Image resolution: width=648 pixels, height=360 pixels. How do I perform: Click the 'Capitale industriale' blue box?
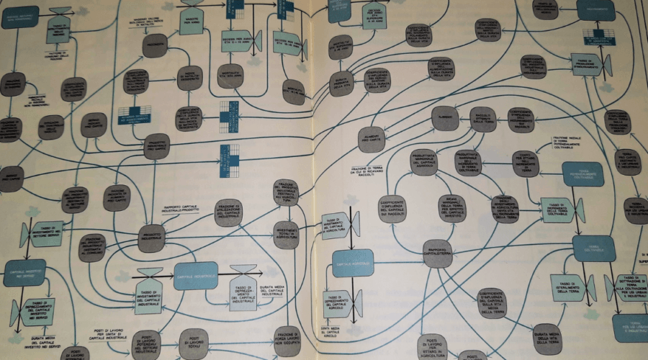coord(195,276)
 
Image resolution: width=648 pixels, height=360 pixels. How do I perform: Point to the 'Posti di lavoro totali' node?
coord(193,343)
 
